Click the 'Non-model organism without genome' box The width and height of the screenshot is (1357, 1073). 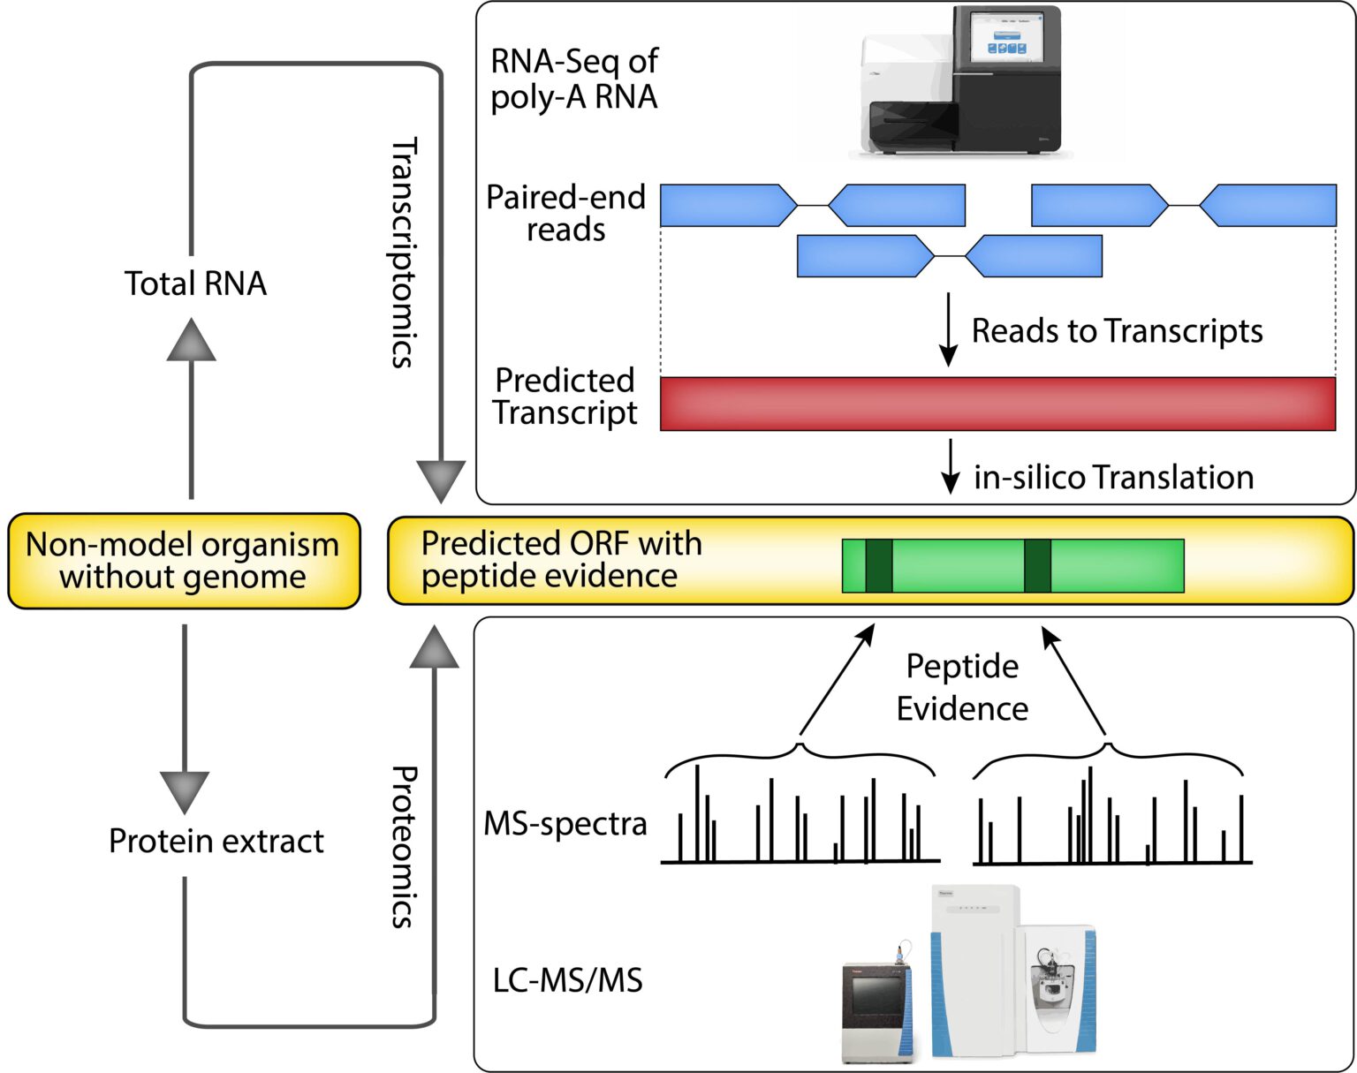pos(184,561)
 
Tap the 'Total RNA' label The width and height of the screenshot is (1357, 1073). pos(195,283)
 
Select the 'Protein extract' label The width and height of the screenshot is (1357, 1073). pos(216,841)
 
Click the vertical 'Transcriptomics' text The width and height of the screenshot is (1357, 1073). pos(403,253)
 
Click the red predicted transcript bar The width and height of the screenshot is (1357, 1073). pos(997,404)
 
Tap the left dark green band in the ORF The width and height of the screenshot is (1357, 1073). pos(878,565)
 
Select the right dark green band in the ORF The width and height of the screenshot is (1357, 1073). pos(1037,565)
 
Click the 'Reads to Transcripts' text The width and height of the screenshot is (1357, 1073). pos(1117,331)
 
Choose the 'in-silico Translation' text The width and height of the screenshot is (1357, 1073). pos(1113,478)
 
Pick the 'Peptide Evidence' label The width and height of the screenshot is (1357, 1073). pos(962,687)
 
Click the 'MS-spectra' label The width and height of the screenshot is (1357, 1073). pos(565,823)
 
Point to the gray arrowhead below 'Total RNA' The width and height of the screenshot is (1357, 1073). pos(192,341)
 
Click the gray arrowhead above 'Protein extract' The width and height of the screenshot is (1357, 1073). pos(185,790)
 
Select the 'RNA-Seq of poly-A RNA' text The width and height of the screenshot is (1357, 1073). pos(574,79)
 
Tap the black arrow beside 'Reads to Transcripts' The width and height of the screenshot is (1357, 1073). pos(948,330)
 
